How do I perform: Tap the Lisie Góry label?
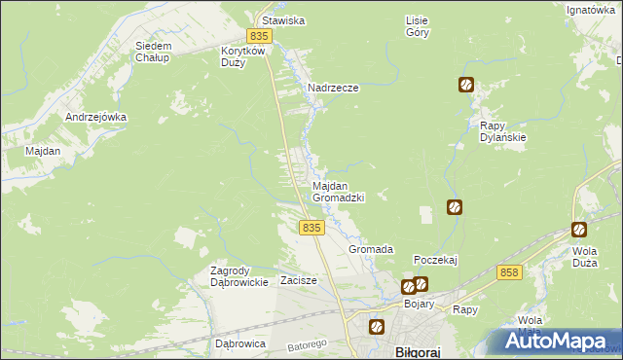[417, 25]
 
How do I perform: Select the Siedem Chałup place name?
[153, 52]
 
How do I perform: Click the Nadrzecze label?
[333, 88]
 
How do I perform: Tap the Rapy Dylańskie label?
[503, 131]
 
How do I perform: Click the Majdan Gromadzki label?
[338, 191]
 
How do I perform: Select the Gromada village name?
[371, 249]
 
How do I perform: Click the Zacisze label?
[299, 280]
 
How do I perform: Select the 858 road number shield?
[508, 273]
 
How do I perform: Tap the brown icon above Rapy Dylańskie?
[466, 85]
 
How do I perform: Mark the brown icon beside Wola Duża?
[579, 230]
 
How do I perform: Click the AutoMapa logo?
[559, 342]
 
